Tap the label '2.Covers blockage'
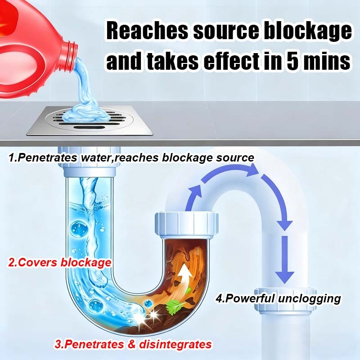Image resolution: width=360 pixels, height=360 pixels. (x=59, y=262)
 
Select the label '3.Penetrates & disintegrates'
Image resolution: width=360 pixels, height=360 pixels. (x=133, y=345)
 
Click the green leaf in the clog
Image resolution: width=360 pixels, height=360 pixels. (x=173, y=307)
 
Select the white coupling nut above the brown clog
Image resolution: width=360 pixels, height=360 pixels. (x=186, y=225)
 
